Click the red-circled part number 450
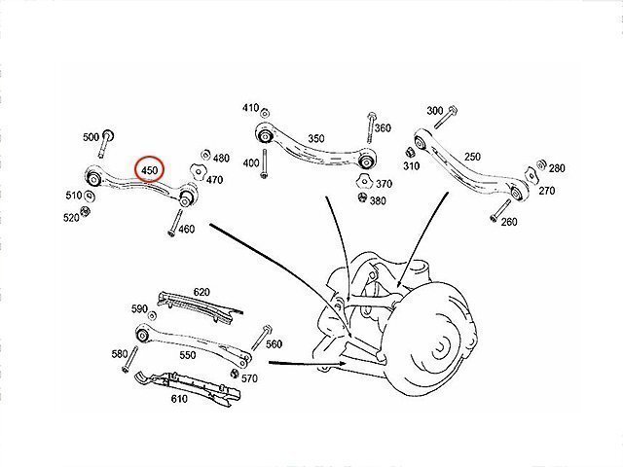point(150,171)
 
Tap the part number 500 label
point(91,138)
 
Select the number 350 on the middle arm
point(315,139)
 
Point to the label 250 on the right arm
point(472,157)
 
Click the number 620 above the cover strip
point(202,292)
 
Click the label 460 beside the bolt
point(188,230)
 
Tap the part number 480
point(221,158)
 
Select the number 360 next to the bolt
point(383,128)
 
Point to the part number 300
point(434,111)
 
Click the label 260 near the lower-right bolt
point(508,222)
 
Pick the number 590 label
point(139,309)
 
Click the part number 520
point(71,217)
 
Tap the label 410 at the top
point(250,108)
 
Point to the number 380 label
point(378,201)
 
